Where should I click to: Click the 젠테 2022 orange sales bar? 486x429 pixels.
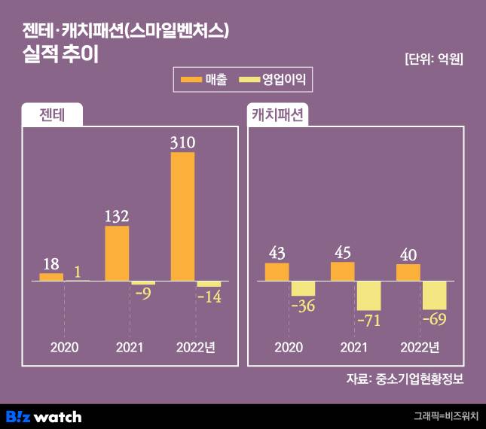[182, 217]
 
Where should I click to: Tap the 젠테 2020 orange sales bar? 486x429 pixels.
[51, 277]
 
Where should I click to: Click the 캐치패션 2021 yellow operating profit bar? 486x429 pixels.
[369, 296]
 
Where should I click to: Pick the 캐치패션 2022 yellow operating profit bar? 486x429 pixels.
[435, 295]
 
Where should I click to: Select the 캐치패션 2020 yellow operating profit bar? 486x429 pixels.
[304, 289]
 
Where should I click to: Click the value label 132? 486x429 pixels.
[117, 215]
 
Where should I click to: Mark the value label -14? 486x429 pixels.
[209, 298]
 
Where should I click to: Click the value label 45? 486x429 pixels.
[343, 251]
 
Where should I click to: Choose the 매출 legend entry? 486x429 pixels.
[203, 78]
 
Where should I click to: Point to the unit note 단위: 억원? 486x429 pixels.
[433, 59]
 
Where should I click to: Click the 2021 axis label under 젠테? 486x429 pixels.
[130, 347]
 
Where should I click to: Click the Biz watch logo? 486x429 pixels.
[44, 416]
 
